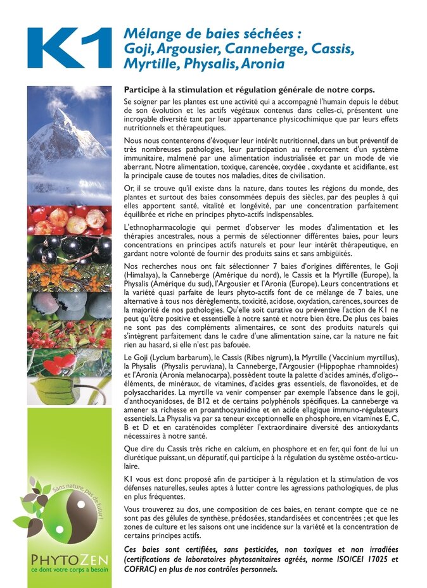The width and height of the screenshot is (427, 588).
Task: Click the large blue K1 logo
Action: pyautogui.click(x=69, y=48)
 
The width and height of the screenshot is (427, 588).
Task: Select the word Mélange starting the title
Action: pyautogui.click(x=150, y=34)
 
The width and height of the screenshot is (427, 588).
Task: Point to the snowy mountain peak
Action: pyautogui.click(x=61, y=116)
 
